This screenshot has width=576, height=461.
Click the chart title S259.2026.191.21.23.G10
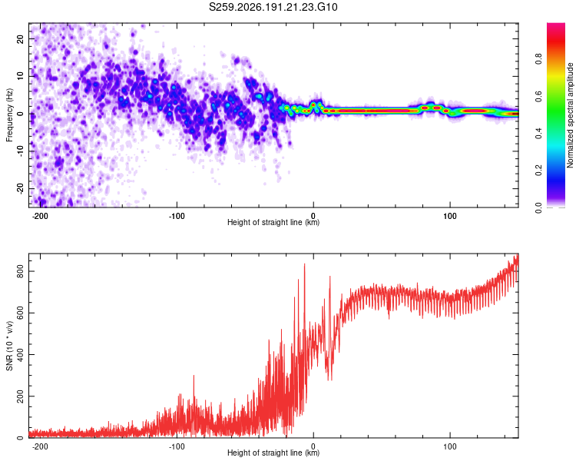click(x=273, y=7)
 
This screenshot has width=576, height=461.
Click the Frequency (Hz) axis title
click(x=9, y=114)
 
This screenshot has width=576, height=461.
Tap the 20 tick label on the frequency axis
click(x=21, y=38)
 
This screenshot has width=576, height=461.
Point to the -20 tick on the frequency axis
click(x=21, y=188)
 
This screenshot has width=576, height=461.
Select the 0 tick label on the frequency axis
click(x=21, y=114)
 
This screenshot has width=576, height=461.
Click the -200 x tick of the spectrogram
click(x=40, y=216)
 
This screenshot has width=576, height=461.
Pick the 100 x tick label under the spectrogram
click(x=449, y=216)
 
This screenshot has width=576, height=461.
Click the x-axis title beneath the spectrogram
click(x=273, y=222)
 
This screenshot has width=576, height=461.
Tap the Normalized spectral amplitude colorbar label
click(x=570, y=115)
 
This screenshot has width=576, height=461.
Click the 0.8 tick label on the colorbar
click(x=538, y=58)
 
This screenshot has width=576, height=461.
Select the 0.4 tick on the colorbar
click(x=538, y=134)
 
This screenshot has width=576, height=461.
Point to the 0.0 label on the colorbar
click(x=538, y=207)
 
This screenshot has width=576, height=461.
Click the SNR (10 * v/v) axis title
click(x=9, y=346)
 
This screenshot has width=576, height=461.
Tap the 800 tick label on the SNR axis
click(x=21, y=271)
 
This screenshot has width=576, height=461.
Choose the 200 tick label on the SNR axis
click(x=21, y=396)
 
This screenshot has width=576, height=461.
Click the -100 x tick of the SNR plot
click(x=177, y=446)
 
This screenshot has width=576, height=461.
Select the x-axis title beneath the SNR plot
click(x=273, y=453)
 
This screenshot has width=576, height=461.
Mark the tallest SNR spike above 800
click(x=304, y=264)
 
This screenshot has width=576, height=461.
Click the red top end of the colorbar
click(x=556, y=25)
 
